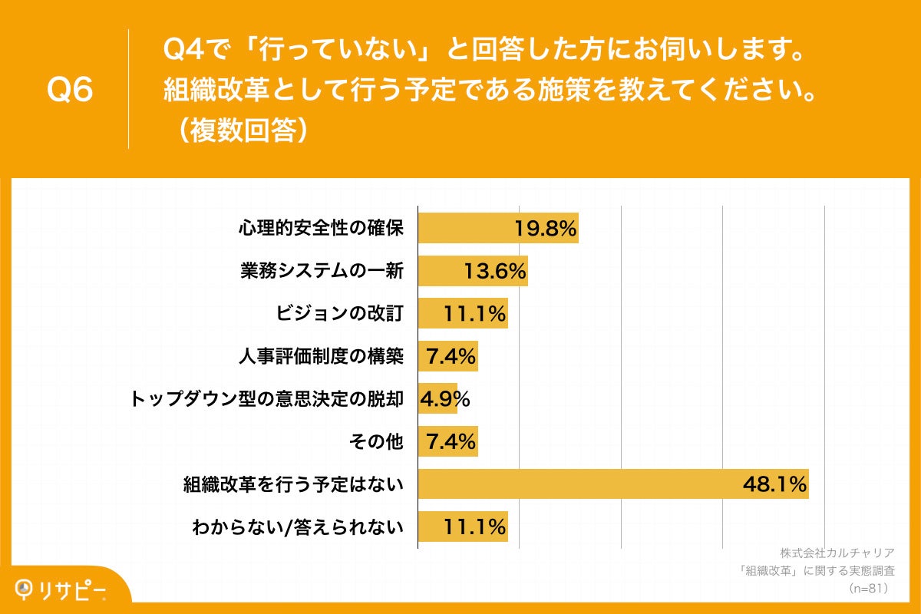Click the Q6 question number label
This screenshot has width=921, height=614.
(x=70, y=91)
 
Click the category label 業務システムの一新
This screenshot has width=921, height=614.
(x=322, y=271)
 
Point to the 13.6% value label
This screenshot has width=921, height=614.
(x=495, y=271)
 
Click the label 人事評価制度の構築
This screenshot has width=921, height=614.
(x=322, y=356)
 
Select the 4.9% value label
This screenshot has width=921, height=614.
(x=444, y=399)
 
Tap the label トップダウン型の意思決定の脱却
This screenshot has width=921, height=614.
(x=267, y=399)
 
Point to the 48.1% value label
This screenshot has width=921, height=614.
(x=774, y=484)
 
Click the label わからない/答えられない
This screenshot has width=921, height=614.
(x=299, y=527)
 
